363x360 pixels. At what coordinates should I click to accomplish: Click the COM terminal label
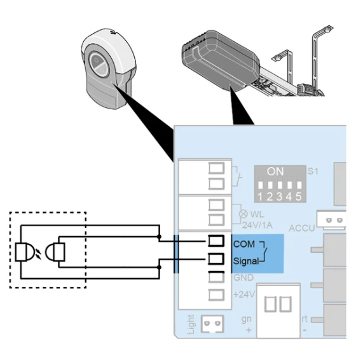(244, 244)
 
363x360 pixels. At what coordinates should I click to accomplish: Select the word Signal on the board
(246, 262)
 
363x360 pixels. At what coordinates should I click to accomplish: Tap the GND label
(243, 277)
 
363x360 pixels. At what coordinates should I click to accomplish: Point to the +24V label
(244, 295)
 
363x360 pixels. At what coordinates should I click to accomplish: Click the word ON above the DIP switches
(275, 171)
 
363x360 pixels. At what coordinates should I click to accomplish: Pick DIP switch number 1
(261, 185)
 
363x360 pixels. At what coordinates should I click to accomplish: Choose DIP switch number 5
(299, 185)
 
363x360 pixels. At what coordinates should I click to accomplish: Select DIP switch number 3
(280, 185)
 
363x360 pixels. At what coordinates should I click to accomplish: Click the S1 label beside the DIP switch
(313, 171)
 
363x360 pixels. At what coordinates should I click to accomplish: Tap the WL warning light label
(257, 215)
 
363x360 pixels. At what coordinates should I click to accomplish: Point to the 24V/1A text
(257, 225)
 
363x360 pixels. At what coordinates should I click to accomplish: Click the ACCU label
(302, 228)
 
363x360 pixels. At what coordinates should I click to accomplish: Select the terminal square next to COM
(216, 241)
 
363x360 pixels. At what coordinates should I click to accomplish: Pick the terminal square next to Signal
(216, 258)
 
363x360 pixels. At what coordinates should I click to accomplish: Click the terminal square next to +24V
(216, 295)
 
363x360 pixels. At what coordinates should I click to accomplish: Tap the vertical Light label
(191, 324)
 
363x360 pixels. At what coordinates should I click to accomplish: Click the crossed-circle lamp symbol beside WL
(243, 214)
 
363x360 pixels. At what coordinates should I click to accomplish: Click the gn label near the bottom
(246, 319)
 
